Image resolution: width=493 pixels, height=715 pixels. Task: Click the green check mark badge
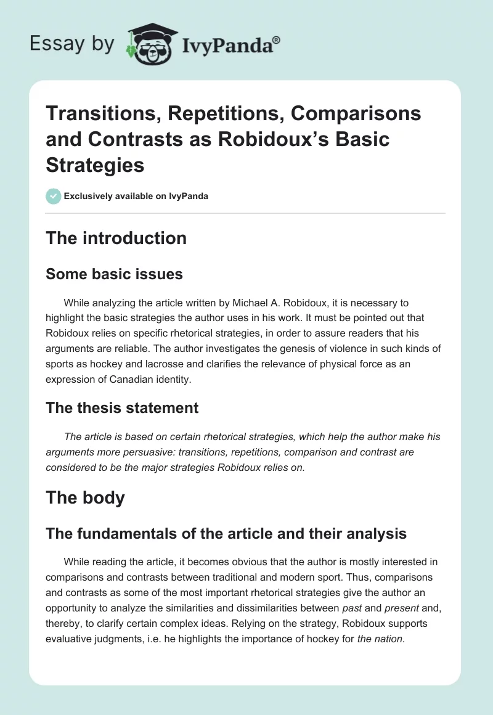(x=53, y=196)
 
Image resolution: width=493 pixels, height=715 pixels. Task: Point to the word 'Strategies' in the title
(x=95, y=165)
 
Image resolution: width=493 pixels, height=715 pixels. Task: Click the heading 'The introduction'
(x=116, y=239)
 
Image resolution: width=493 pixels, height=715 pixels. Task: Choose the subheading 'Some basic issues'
(x=114, y=274)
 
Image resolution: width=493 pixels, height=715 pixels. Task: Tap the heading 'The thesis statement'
(x=122, y=407)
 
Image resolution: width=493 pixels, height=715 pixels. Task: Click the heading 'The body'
(x=85, y=497)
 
